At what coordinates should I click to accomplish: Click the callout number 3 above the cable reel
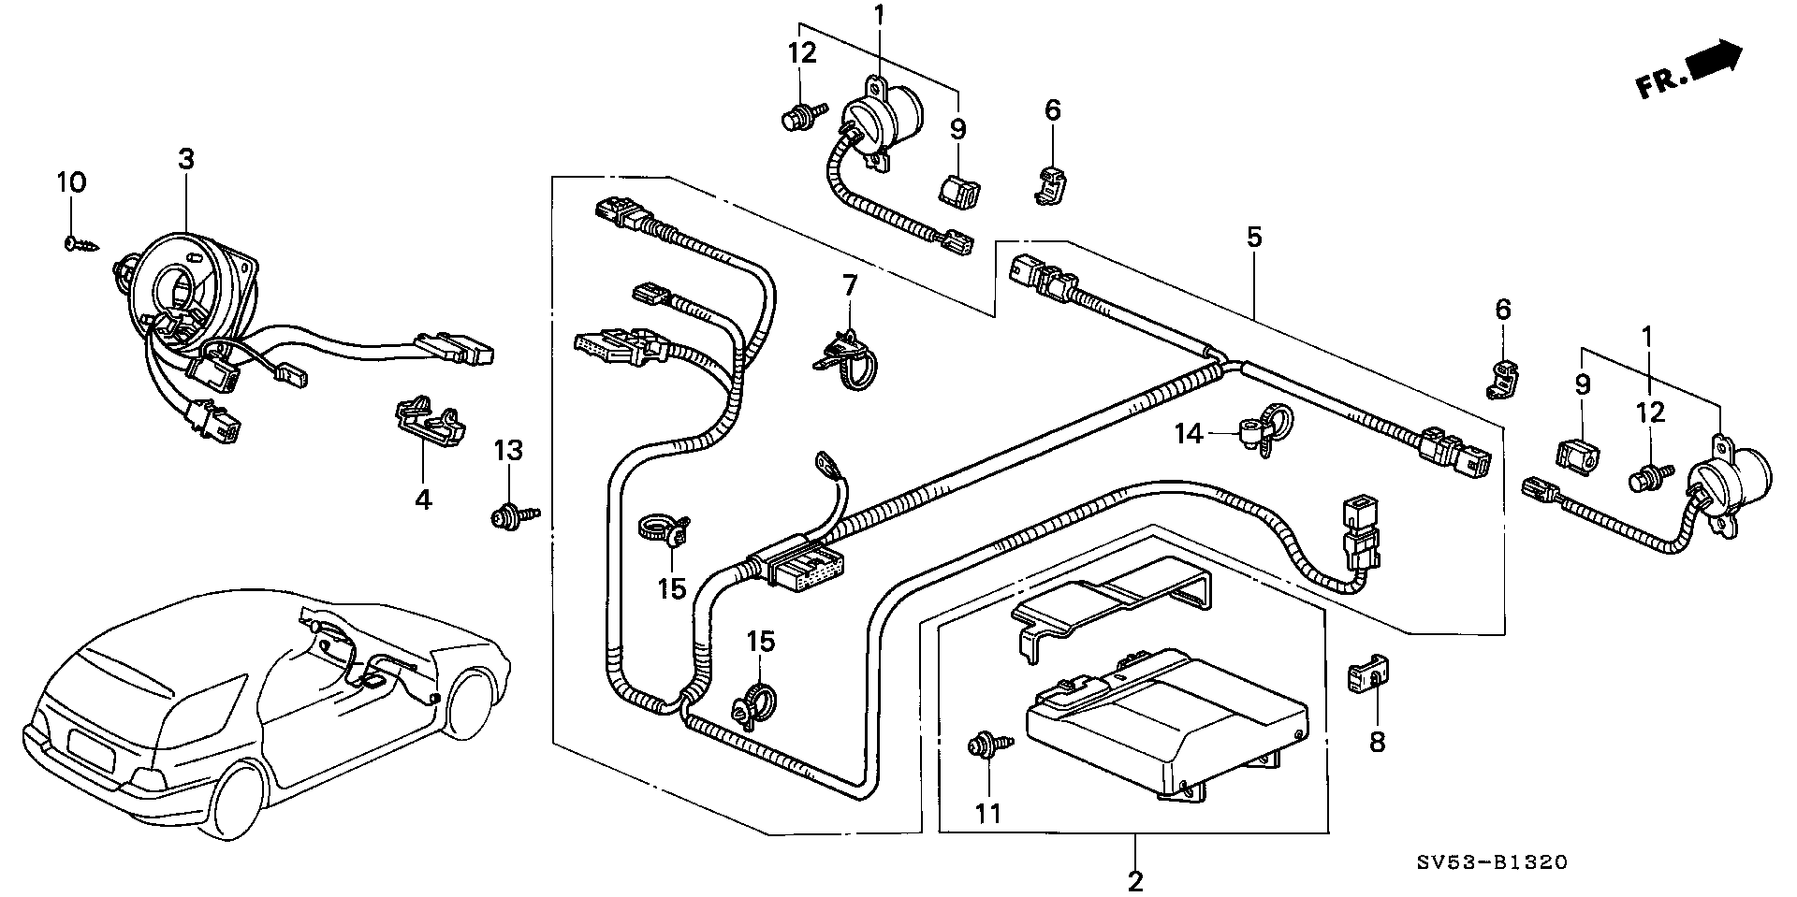[186, 159]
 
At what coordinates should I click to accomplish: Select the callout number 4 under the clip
[423, 500]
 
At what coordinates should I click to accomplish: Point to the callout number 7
[849, 285]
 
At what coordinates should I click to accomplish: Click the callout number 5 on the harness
[1254, 237]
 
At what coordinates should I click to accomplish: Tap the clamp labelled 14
[1260, 431]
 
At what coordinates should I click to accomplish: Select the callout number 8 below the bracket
[1377, 742]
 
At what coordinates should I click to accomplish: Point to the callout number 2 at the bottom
[1135, 880]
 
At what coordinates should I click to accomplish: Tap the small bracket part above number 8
[1368, 676]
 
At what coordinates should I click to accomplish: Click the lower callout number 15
[760, 642]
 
